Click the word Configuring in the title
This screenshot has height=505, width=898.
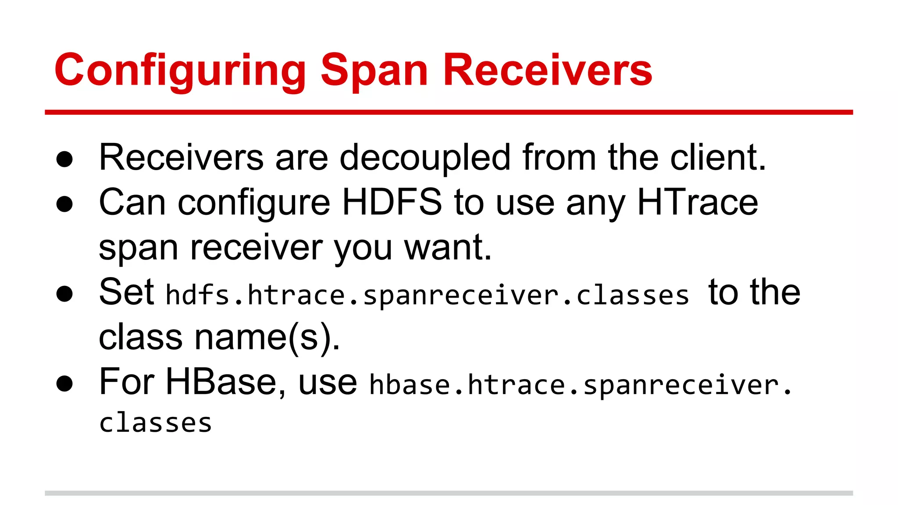coord(180,70)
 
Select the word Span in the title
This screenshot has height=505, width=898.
coord(374,70)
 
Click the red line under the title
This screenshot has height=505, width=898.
coord(449,112)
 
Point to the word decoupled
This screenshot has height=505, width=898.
coord(425,158)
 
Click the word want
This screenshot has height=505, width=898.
coord(447,248)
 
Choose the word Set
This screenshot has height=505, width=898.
coord(126,292)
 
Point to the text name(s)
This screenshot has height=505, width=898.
coord(267,337)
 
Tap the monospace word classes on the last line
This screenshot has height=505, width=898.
coord(156,423)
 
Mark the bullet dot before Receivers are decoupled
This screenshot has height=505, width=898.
coord(64,159)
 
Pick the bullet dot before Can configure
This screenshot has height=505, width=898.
coord(64,204)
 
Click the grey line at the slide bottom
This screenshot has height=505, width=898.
coord(449,493)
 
